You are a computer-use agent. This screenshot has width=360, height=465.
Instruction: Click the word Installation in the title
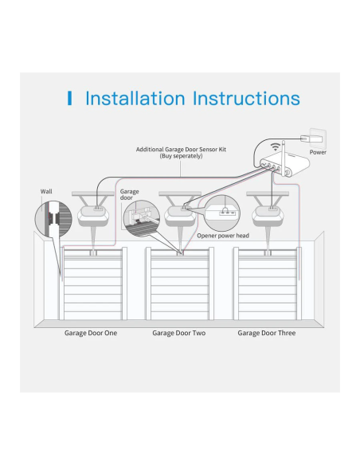[135, 98]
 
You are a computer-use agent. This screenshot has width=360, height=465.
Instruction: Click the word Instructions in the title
[246, 98]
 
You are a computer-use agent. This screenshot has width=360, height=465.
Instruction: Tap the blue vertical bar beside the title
[69, 98]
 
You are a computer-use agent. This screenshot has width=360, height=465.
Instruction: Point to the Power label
[318, 152]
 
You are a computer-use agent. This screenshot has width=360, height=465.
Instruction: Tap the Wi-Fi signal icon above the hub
[276, 147]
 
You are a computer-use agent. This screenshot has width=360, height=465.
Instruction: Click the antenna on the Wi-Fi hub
[284, 155]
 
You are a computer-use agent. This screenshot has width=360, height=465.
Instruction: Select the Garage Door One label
[91, 333]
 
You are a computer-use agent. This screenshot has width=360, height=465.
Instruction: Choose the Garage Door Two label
[179, 333]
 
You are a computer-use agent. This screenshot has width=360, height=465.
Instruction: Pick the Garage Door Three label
[267, 333]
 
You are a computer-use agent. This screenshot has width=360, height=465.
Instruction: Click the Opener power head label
[223, 236]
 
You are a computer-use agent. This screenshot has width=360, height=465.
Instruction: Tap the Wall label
[46, 192]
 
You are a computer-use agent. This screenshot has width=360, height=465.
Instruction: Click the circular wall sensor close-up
[53, 219]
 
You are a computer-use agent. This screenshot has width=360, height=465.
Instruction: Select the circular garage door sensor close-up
[142, 218]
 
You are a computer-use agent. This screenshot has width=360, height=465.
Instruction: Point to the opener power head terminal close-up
[222, 213]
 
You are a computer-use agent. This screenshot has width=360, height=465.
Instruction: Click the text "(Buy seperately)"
[181, 156]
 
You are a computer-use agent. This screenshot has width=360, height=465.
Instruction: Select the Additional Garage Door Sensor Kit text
[181, 150]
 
